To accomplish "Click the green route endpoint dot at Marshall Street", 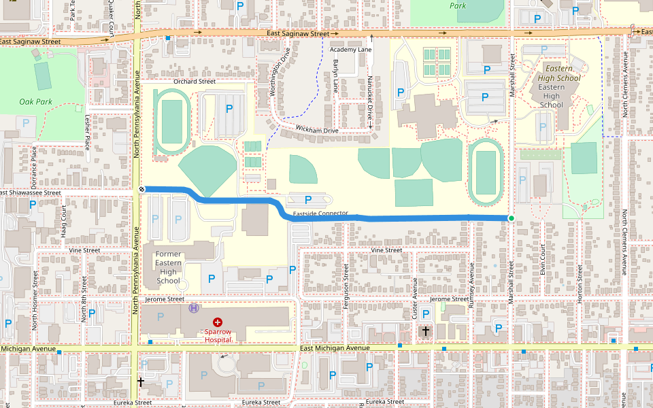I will [511, 218].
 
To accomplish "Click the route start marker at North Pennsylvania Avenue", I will [142, 188].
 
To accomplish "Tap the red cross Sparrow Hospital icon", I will [218, 322].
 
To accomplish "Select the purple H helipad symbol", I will [194, 308].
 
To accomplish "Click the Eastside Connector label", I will [320, 214].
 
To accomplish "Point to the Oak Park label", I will [35, 102].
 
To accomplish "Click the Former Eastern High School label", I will [168, 267].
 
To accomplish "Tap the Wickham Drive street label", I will [316, 129].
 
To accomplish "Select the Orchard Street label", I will [194, 82].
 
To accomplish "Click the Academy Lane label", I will [350, 50].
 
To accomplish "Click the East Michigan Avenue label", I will [335, 348].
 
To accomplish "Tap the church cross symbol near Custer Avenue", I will [426, 331].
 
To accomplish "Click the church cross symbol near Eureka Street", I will [141, 382].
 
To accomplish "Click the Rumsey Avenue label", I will [471, 290].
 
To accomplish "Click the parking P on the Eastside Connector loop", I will [308, 200].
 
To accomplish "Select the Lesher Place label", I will [87, 132].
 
